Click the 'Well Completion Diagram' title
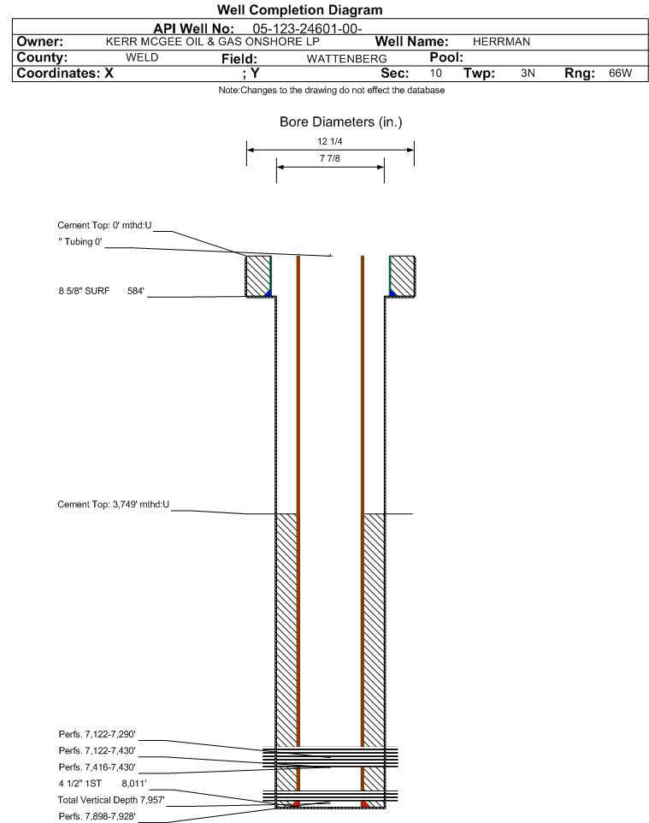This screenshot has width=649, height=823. coord(299,10)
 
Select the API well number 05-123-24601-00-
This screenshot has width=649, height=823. coord(307,28)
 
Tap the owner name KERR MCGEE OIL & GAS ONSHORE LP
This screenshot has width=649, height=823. coord(213,41)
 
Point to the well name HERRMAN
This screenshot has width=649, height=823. coord(501,41)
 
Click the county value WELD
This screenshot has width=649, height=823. coord(142,57)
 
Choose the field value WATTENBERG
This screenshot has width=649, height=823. coord(347,59)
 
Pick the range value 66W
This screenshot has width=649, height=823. coord(620,73)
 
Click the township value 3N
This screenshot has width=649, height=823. coord(528,73)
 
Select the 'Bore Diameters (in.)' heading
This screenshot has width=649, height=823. coord(340,122)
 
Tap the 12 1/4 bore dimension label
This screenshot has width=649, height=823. coord(329,141)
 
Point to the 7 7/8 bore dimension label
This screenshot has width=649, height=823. coord(329,158)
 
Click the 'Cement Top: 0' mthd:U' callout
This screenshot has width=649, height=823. coord(104,225)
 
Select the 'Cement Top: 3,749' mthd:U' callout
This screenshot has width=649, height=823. coord(114,505)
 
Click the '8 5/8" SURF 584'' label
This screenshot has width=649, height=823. coord(101,291)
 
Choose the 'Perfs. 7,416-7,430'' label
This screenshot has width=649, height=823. coord(97,767)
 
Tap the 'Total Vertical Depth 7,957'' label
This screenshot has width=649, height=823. coord(111,800)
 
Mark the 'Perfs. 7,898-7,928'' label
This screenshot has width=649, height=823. coord(97,816)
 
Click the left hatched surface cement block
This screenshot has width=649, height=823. coord(258,276)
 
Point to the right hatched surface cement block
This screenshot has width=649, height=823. coord(403,276)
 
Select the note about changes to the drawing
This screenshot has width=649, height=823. coord(332,91)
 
